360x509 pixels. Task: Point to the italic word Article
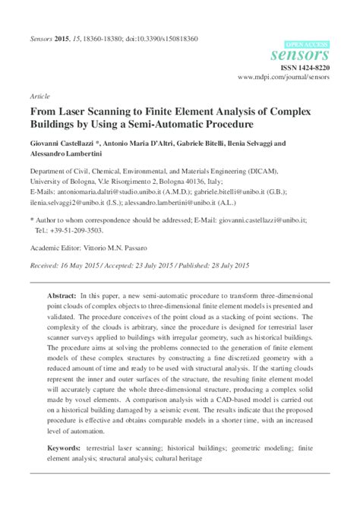point(40,97)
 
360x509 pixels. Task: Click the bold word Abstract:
point(62,294)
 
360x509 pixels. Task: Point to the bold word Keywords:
point(65,450)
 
